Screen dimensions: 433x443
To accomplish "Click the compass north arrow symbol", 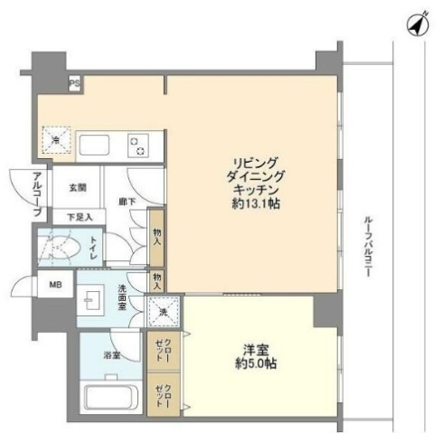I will point(417,26).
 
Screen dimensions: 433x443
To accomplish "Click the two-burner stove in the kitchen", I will point(138,144).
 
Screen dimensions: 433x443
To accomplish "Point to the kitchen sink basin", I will point(94,145).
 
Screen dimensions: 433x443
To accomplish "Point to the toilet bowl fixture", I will point(63,246).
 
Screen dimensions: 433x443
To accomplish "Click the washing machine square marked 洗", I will point(164,312).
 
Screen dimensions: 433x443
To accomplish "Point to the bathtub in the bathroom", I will point(108,398).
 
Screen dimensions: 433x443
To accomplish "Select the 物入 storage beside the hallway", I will point(156,237).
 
